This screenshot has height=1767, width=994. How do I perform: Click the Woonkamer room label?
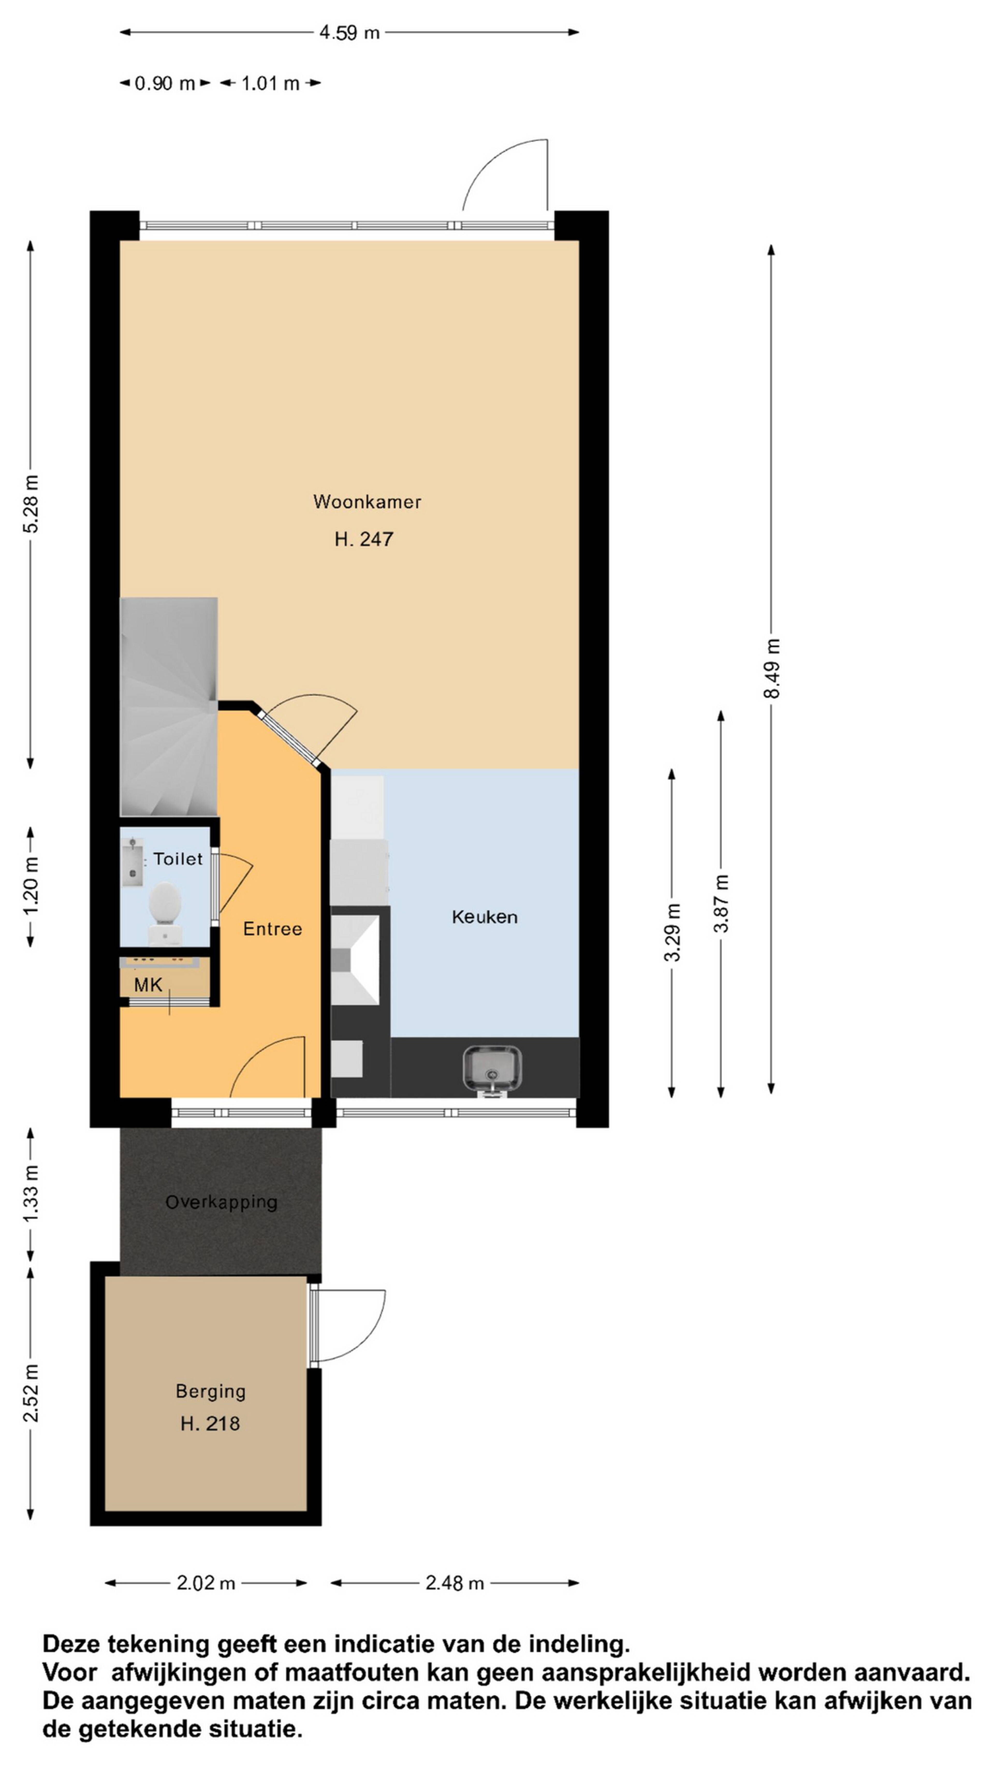(x=367, y=501)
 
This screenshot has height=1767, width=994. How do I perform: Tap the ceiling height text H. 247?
(x=364, y=539)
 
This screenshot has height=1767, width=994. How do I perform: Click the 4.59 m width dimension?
(x=349, y=32)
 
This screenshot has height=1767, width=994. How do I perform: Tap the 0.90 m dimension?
(x=165, y=84)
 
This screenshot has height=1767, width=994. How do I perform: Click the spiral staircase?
(x=169, y=706)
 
